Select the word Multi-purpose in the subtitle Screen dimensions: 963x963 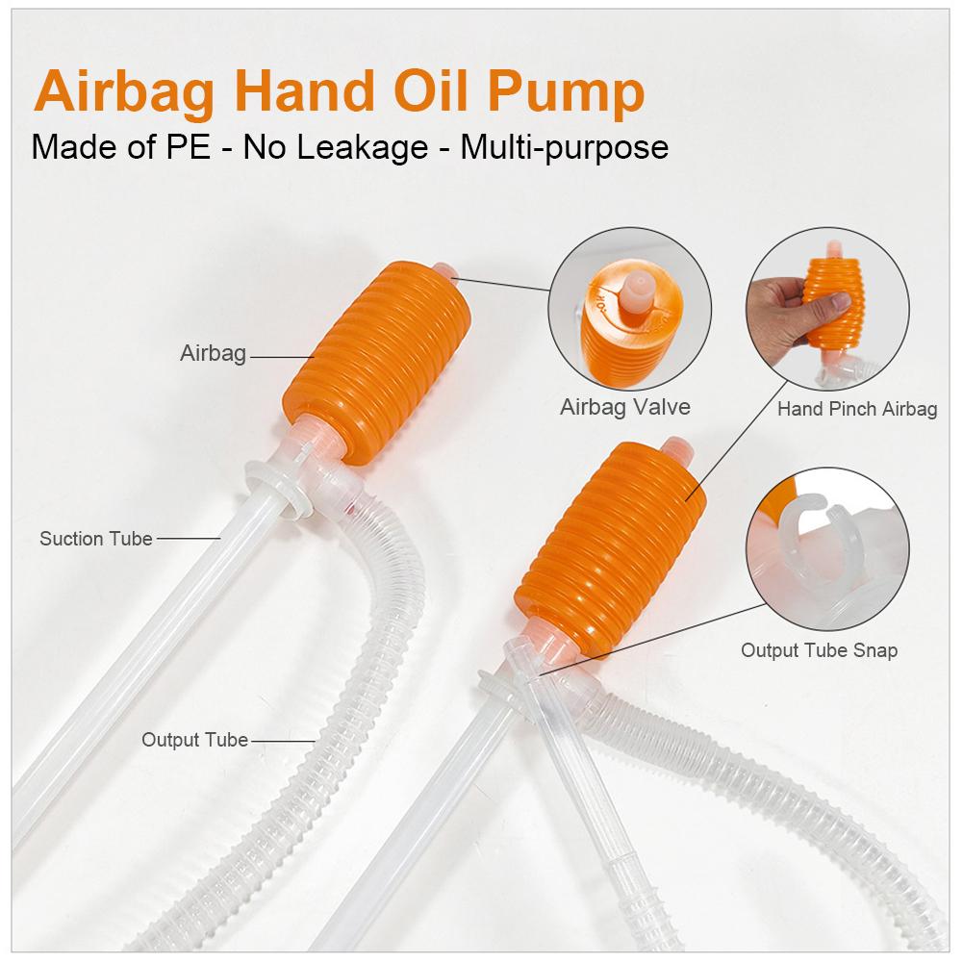point(564,147)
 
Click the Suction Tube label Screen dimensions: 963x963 point(95,539)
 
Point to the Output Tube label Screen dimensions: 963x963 point(194,741)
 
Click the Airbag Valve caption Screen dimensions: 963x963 point(624,407)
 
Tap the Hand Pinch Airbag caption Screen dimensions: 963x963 point(856,410)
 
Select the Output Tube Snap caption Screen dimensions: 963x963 point(819,651)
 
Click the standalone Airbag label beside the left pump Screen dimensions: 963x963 point(213,354)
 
